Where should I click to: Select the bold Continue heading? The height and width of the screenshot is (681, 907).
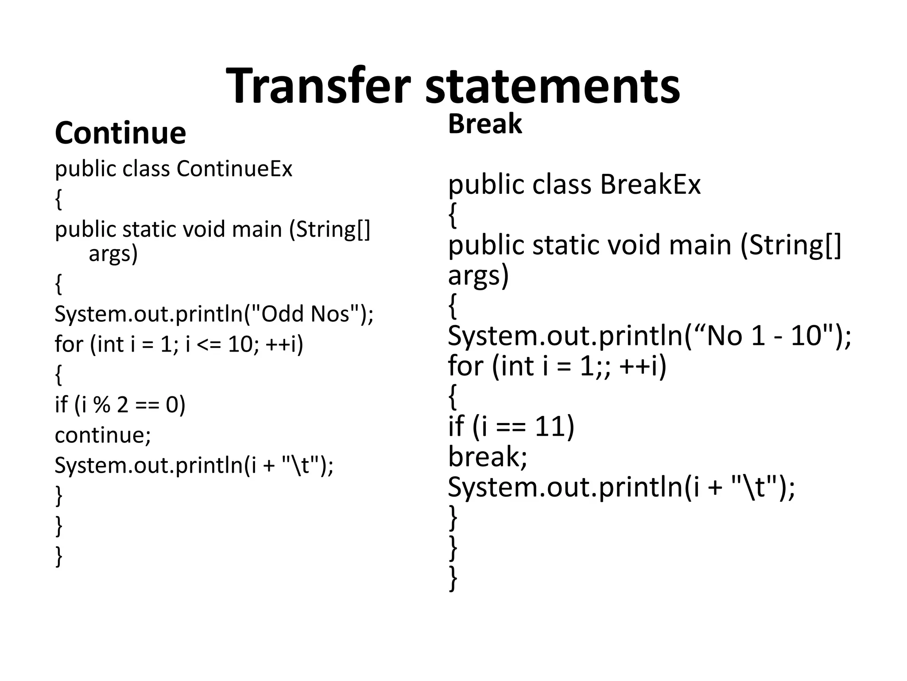click(120, 133)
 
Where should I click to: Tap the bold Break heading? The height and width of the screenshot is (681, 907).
click(485, 124)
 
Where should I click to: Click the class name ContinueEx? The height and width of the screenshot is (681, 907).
click(234, 169)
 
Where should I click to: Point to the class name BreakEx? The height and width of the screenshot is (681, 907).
click(650, 184)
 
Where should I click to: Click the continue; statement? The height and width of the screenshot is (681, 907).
click(103, 435)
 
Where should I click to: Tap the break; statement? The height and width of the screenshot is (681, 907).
click(488, 456)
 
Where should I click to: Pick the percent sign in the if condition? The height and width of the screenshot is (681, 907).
click(102, 404)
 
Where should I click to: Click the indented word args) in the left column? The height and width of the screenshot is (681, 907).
click(113, 254)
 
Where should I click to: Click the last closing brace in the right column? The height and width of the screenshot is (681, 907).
click(453, 578)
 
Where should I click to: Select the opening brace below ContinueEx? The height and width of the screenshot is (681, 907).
click(58, 199)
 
